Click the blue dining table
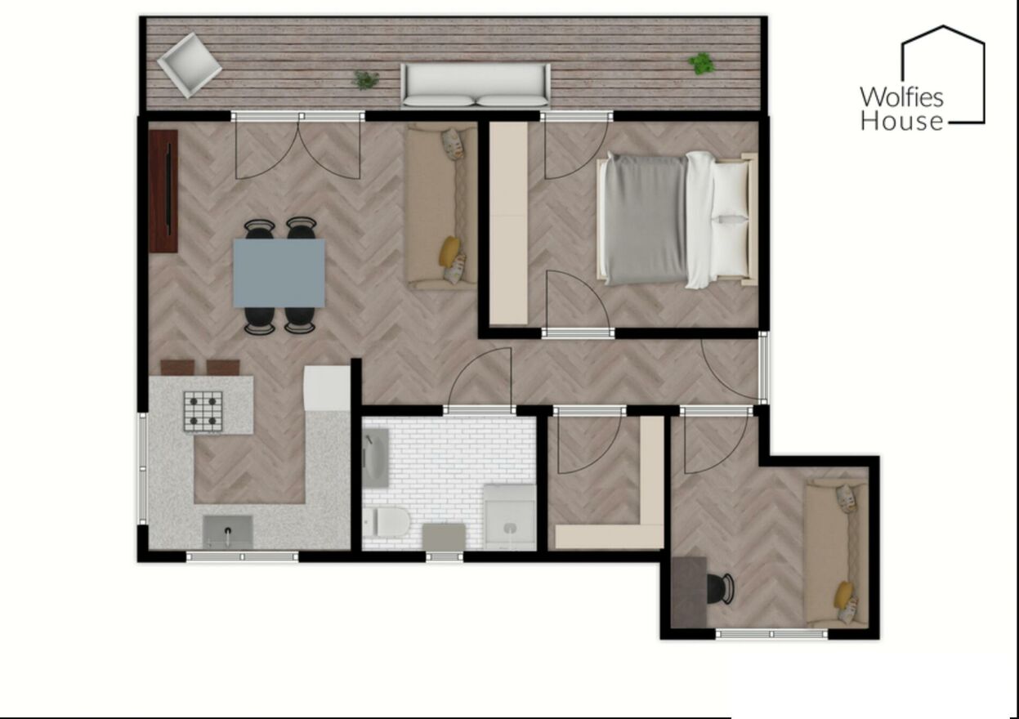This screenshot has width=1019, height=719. pyautogui.click(x=279, y=273)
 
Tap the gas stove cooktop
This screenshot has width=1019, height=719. pyautogui.click(x=203, y=411)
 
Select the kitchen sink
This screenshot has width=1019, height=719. pyautogui.click(x=227, y=531)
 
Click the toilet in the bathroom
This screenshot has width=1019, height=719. pyautogui.click(x=387, y=521)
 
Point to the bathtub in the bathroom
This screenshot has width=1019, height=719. pyautogui.click(x=376, y=458)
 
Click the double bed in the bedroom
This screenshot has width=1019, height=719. pyautogui.click(x=677, y=220)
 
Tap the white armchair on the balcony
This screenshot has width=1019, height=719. pyautogui.click(x=190, y=65)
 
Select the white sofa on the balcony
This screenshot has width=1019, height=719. pyautogui.click(x=476, y=86)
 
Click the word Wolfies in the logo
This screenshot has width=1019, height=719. pyautogui.click(x=901, y=97)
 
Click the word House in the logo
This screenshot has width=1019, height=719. pyautogui.click(x=901, y=122)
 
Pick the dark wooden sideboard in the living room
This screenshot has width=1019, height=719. pyautogui.click(x=163, y=191)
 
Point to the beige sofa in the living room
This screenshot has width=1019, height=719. pyautogui.click(x=442, y=208)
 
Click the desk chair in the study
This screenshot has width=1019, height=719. pyautogui.click(x=721, y=589)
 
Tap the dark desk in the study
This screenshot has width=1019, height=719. pyautogui.click(x=689, y=592)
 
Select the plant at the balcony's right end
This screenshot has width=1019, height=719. pyautogui.click(x=701, y=63)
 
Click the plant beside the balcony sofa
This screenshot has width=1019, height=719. pyautogui.click(x=365, y=80)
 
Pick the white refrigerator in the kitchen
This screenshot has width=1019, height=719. pyautogui.click(x=327, y=388)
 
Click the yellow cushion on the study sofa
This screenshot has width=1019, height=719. pyautogui.click(x=843, y=595)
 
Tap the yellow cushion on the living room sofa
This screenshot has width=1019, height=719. pyautogui.click(x=449, y=251)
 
